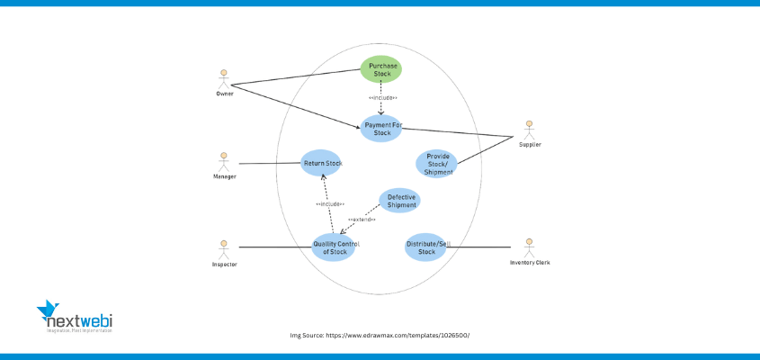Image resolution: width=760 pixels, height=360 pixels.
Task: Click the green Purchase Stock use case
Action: click(381, 69)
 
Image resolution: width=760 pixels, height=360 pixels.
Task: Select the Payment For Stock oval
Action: click(381, 129)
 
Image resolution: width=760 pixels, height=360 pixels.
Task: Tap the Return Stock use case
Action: click(321, 163)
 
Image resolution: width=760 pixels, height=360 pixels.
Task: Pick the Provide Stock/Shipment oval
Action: click(437, 164)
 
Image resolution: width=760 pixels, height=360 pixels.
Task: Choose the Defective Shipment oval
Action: click(400, 201)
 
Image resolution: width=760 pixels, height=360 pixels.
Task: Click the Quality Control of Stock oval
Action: click(333, 247)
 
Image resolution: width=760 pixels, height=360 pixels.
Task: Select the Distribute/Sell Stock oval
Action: click(426, 247)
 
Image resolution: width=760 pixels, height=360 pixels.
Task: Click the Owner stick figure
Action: click(225, 77)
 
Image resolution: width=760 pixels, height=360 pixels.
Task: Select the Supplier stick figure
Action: click(530, 129)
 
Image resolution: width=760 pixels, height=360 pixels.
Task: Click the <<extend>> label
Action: click(362, 220)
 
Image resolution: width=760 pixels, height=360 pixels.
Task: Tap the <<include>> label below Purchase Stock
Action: click(382, 97)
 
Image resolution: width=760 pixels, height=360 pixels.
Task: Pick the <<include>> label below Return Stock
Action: click(330, 204)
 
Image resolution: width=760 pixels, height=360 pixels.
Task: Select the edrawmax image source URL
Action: click(380, 335)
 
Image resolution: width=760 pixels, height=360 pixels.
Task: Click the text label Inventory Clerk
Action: click(530, 263)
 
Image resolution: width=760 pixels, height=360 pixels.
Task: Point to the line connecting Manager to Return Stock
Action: click(270, 163)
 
